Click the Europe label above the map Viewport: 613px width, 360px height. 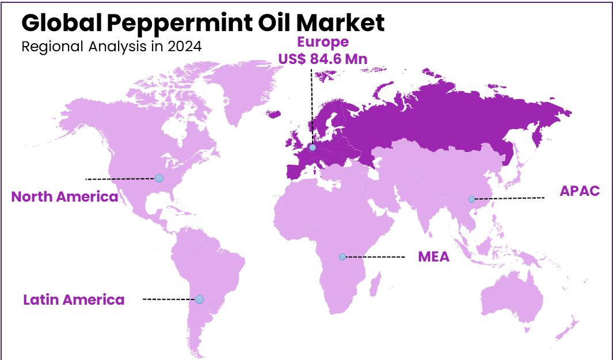322,42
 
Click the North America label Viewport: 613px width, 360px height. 64,197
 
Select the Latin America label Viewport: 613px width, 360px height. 74,300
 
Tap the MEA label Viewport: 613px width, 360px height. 433,257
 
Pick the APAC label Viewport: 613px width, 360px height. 580,191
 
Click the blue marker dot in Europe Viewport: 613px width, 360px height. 312,148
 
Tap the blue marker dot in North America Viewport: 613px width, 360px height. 159,179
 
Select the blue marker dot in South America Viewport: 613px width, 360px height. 199,300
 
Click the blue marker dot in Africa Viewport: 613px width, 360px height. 342,257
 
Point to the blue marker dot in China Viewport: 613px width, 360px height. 471,199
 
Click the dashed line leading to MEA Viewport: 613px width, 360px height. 374,257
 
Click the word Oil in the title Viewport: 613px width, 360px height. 278,23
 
